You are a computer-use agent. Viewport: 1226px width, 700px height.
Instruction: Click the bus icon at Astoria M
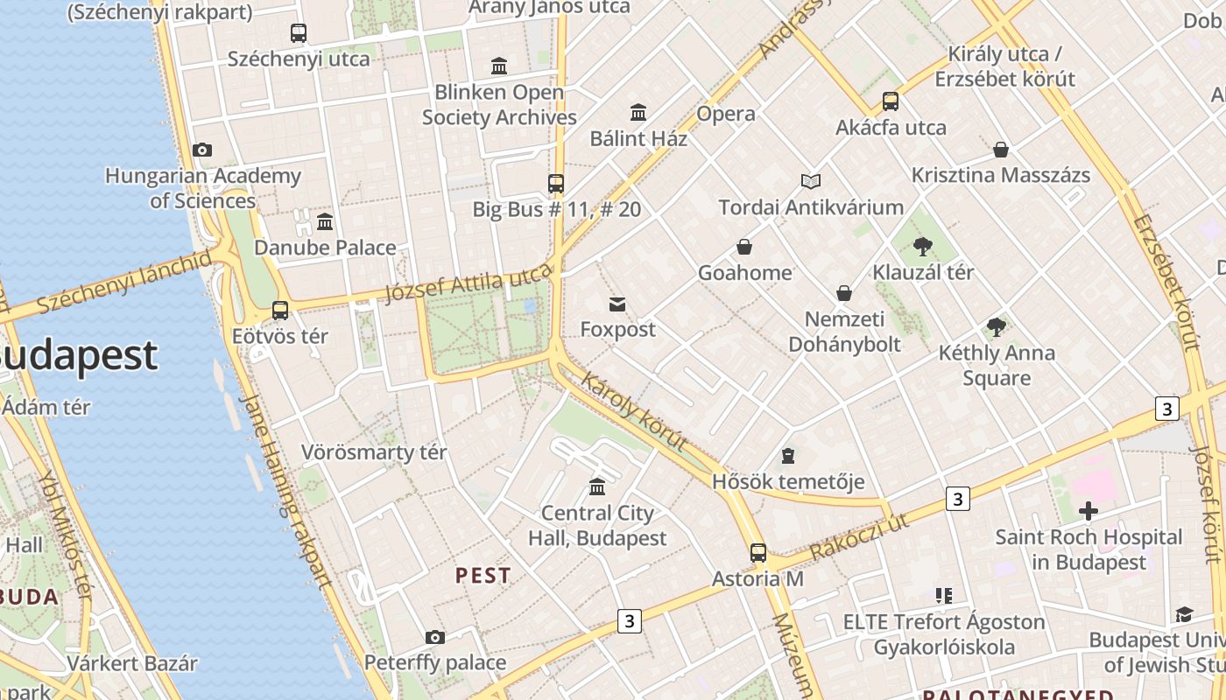click(758, 553)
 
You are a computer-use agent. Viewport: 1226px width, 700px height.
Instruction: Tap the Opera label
click(725, 114)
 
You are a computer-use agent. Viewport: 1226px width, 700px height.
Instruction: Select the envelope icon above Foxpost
click(617, 304)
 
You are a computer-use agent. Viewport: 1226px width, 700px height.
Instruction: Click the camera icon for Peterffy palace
click(435, 637)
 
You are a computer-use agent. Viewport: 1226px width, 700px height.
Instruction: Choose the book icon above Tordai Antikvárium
click(811, 182)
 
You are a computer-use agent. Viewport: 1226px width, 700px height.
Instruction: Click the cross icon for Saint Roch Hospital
click(1089, 511)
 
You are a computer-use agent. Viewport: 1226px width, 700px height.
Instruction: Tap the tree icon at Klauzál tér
click(922, 247)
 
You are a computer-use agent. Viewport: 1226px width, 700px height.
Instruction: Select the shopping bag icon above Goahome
click(744, 247)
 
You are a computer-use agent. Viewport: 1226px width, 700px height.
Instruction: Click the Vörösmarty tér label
click(374, 452)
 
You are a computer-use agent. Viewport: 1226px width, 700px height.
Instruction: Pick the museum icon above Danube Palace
click(325, 221)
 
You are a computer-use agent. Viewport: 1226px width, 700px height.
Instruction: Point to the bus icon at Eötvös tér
click(280, 310)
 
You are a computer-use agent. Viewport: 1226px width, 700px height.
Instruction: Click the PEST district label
click(483, 576)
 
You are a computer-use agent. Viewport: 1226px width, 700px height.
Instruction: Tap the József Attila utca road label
click(469, 283)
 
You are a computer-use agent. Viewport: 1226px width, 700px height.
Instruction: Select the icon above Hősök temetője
click(788, 456)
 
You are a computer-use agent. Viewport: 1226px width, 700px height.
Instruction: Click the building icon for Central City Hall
click(597, 486)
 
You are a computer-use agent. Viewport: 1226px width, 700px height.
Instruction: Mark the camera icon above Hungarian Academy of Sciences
click(202, 150)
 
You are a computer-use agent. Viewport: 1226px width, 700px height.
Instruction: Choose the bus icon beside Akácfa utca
click(891, 101)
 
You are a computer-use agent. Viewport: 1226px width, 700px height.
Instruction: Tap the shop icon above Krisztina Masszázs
click(1000, 150)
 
